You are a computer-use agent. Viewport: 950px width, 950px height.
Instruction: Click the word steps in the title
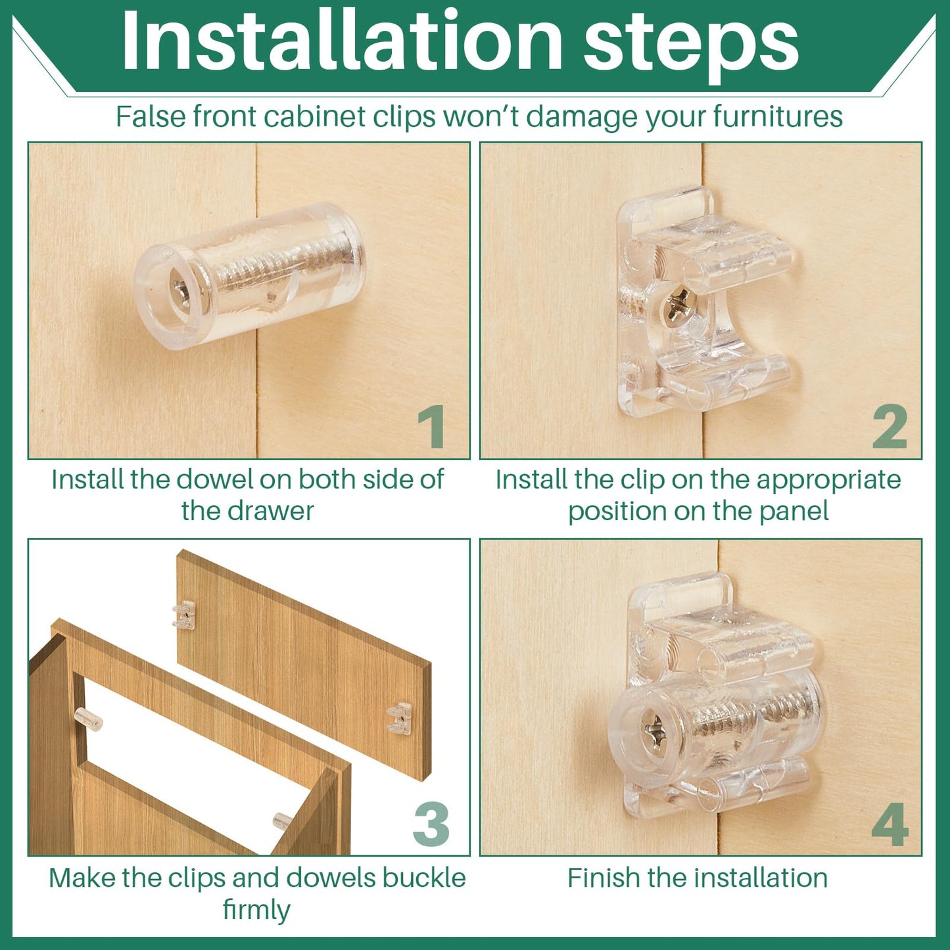[x=691, y=47]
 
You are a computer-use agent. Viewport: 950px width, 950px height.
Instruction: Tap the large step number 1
[x=432, y=427]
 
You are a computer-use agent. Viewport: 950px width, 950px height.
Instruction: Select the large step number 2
[x=890, y=427]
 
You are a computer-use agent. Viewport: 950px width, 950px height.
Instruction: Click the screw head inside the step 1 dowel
[x=180, y=293]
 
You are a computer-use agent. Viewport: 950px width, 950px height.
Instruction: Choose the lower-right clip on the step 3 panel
[x=398, y=719]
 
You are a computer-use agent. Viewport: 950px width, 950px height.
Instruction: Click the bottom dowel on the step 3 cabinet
[x=283, y=820]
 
